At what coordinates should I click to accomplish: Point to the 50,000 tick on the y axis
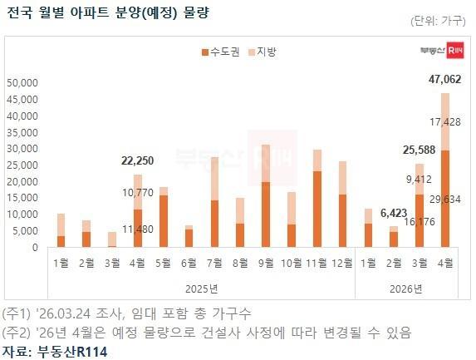point(22,83)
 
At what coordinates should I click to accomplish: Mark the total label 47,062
point(444,80)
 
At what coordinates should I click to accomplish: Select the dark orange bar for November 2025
point(317,209)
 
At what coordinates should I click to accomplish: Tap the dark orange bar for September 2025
point(265,215)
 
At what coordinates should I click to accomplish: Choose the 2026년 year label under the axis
point(406,288)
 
